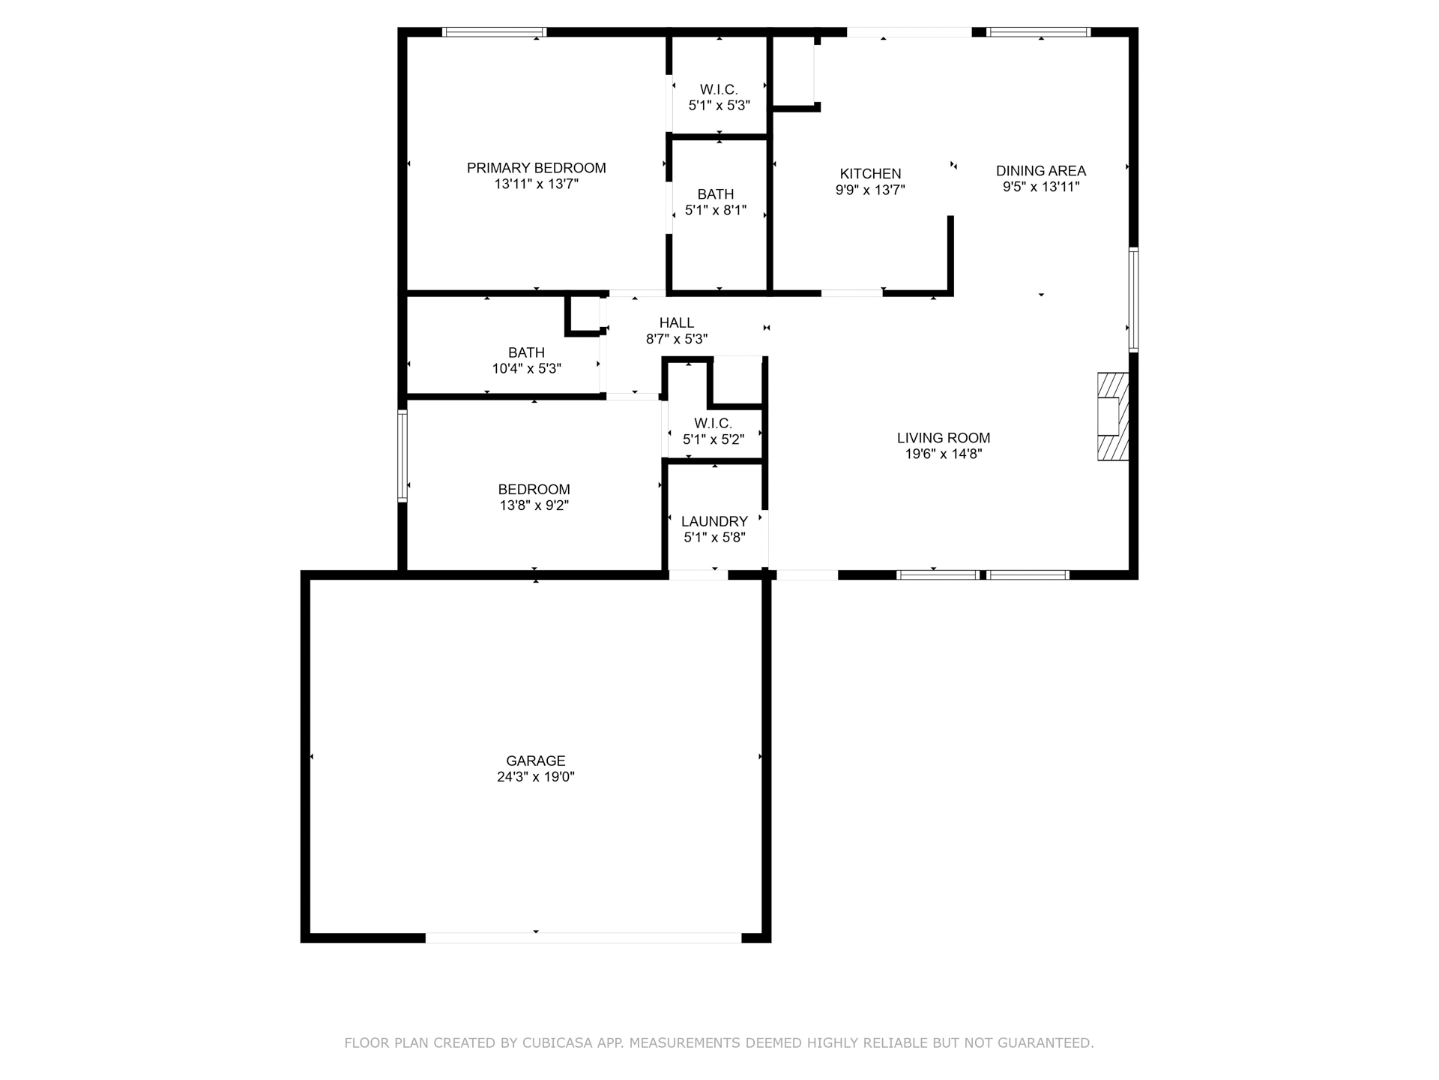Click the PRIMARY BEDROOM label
[536, 168]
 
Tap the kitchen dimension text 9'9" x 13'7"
[870, 190]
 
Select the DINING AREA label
[1040, 171]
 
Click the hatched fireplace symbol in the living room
[1113, 416]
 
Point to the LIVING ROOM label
[943, 438]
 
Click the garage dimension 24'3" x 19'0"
[535, 777]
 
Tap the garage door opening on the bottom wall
[583, 937]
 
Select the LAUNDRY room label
[714, 521]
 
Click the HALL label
[676, 323]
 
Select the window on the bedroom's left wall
[402, 455]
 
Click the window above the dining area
[1038, 32]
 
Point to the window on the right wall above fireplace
[1133, 300]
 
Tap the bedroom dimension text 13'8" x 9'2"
[534, 505]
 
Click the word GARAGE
[535, 760]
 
